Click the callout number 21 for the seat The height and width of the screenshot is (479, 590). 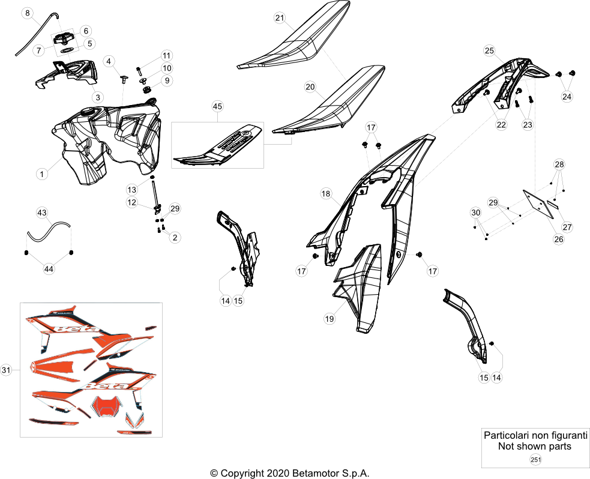[x=280, y=17]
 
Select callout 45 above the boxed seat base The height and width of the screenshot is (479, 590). [x=217, y=106]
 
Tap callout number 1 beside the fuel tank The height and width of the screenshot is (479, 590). [x=42, y=174]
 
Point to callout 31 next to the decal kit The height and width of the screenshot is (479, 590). [x=6, y=370]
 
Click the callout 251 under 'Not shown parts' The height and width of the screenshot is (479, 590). [x=535, y=459]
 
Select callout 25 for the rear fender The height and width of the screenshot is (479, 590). [x=489, y=50]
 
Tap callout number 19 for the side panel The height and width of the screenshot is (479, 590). [x=330, y=319]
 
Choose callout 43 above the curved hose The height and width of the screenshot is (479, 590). [x=42, y=212]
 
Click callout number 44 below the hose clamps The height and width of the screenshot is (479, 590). [x=49, y=269]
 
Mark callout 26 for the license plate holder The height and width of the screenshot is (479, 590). [x=559, y=239]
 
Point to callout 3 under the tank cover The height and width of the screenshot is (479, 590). [x=98, y=97]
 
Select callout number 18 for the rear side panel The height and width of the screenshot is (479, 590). [x=326, y=193]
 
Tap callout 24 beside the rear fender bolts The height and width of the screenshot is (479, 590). [x=567, y=97]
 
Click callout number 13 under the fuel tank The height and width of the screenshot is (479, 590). [x=131, y=189]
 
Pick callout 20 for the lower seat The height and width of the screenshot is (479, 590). [x=310, y=87]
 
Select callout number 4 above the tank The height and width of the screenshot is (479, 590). [x=109, y=61]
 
